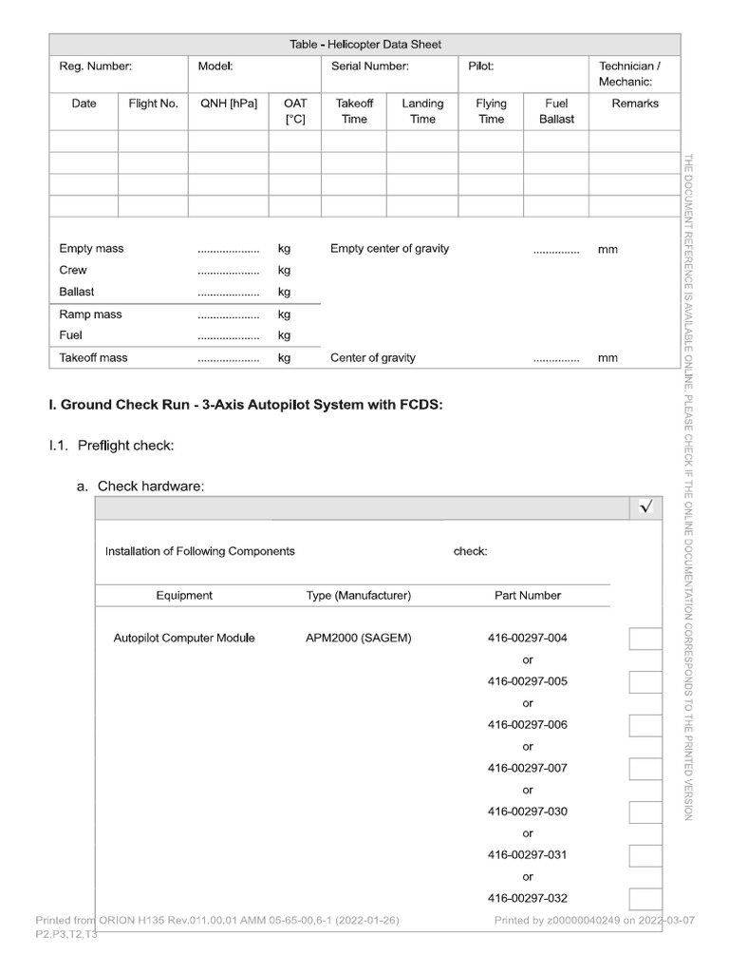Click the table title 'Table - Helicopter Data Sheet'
click(364, 45)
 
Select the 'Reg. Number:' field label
click(95, 67)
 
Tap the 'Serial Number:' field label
click(370, 67)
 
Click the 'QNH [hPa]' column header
click(228, 104)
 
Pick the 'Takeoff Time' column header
click(354, 111)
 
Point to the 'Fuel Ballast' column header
click(556, 111)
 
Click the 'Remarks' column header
click(635, 104)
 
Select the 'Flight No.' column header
click(153, 104)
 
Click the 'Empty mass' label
click(91, 249)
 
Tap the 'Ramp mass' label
click(90, 315)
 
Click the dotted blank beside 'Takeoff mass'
click(228, 359)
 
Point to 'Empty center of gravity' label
click(389, 249)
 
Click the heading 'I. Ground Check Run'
click(246, 405)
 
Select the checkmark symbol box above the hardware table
click(646, 508)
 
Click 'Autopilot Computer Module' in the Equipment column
click(184, 639)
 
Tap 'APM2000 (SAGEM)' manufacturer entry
click(358, 639)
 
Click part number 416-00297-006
click(527, 725)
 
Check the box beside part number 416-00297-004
click(645, 639)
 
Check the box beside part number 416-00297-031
click(645, 855)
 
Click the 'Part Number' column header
click(528, 596)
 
